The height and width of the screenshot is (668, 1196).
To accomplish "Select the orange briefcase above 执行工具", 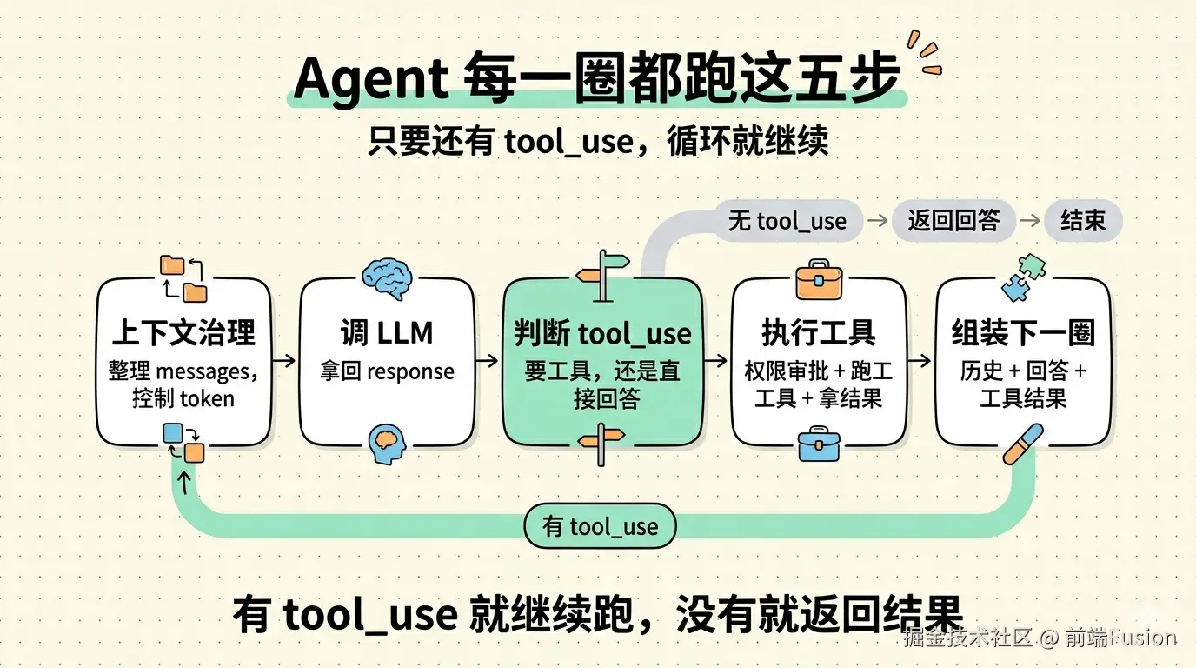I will coord(818,278).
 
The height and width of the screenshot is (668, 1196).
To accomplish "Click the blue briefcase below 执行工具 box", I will coord(818,444).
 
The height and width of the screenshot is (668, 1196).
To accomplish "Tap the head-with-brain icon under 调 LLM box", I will coord(387,443).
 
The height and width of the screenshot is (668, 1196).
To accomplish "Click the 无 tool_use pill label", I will coord(787,221).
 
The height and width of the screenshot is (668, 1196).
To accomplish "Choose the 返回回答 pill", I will coord(953,221).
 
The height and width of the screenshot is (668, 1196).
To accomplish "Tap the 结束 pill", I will coord(1082,221).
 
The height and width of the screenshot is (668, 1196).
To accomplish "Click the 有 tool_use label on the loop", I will coord(600,526).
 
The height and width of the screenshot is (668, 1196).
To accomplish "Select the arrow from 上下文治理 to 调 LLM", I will coord(284,358).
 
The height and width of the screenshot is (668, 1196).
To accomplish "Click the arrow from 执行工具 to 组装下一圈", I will coord(920,358).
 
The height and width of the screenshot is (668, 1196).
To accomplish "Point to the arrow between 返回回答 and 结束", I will coord(1029,221).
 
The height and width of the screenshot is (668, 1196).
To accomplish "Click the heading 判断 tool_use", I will coord(601,333).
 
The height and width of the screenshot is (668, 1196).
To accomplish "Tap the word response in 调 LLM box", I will coord(410,372).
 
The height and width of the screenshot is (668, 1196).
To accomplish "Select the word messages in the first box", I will coord(203,372).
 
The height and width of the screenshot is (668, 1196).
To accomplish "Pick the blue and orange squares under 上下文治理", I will coord(183,441).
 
